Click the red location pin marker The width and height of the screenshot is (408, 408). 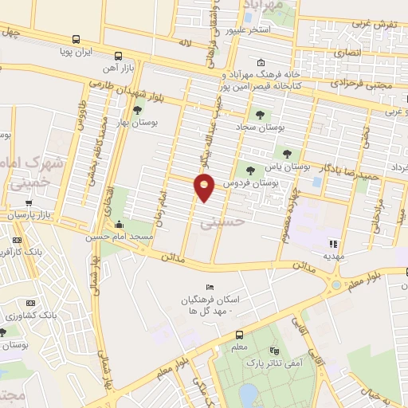(x=205, y=189)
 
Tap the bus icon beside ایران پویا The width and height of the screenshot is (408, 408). (x=76, y=38)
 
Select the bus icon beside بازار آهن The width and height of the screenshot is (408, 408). (x=118, y=56)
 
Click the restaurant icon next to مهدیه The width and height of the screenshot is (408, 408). (x=333, y=244)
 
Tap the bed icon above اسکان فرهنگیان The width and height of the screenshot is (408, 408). (x=210, y=287)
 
